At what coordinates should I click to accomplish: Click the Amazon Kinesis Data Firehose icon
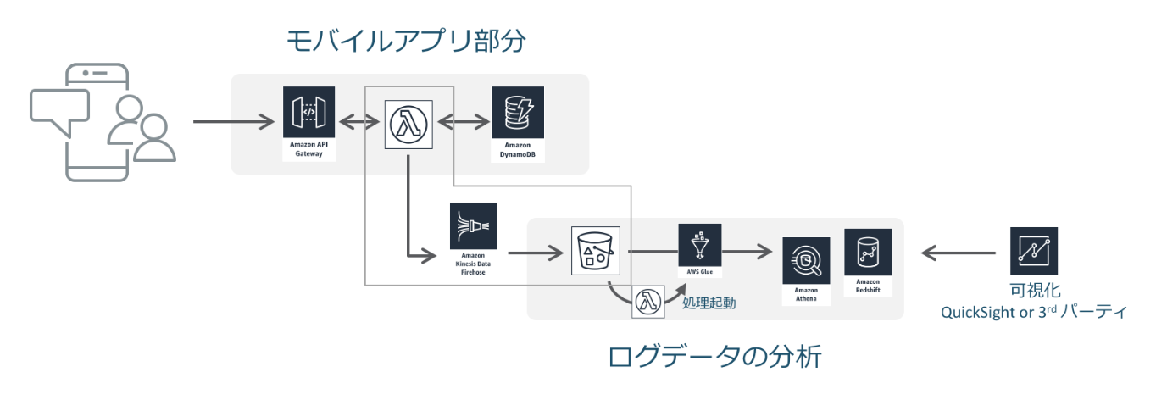pos(473,225)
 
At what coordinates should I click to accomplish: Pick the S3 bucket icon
pos(596,251)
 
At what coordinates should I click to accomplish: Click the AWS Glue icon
pos(699,246)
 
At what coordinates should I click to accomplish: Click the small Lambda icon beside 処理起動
pos(649,302)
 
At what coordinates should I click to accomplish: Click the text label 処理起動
pos(709,302)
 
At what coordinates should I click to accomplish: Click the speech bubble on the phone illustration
pos(59,108)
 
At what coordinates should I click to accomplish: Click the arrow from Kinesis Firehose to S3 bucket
pos(535,252)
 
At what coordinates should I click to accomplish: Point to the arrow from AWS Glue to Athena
pos(747,252)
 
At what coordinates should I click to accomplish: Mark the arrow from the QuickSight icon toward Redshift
pos(958,252)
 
